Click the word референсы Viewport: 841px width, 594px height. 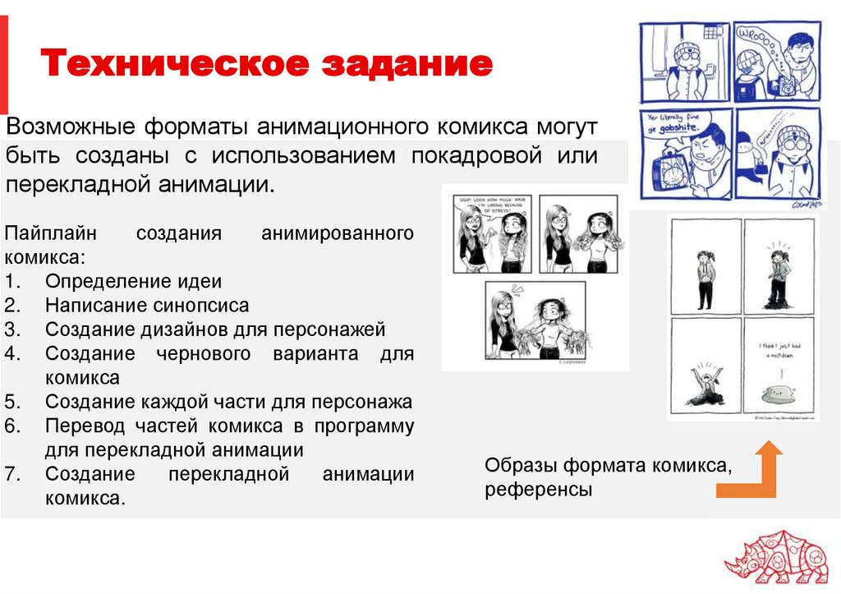(x=538, y=490)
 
